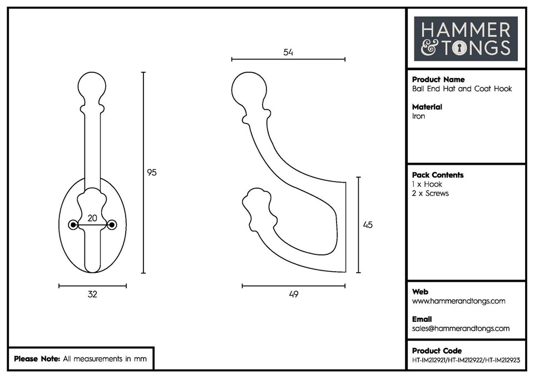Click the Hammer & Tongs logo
[x=466, y=38]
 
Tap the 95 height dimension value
[x=151, y=173]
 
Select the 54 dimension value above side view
[x=288, y=52]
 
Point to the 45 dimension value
[x=367, y=225]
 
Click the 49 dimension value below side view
[x=294, y=294]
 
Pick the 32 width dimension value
[x=92, y=294]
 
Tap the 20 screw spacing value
[x=93, y=218]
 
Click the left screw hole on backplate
[x=73, y=225]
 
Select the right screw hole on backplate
[x=112, y=225]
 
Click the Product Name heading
[x=438, y=80]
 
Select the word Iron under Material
[x=418, y=116]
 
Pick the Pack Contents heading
[x=438, y=175]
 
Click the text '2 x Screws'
[x=430, y=193]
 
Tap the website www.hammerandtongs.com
[x=458, y=301]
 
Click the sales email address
[x=461, y=328]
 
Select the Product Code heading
[x=437, y=351]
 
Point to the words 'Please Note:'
[x=37, y=359]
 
